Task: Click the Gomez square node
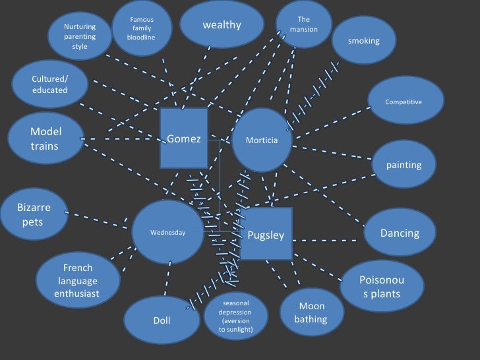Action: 184,138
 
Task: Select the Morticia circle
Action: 262,140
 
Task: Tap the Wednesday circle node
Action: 168,232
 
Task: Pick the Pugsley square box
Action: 266,235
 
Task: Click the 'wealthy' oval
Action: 222,26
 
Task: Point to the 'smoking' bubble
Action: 364,41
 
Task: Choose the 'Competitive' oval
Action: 404,102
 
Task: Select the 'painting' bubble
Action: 404,165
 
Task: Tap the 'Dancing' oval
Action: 400,233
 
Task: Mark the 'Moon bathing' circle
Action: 310,313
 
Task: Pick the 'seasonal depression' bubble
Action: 235,316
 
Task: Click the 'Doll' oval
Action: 162,320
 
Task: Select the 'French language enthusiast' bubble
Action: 78,280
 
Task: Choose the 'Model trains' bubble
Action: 45,138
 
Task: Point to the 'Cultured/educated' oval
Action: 50,84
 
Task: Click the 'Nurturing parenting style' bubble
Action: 80,36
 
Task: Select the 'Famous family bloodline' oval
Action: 142,28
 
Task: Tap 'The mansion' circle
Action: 303,24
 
